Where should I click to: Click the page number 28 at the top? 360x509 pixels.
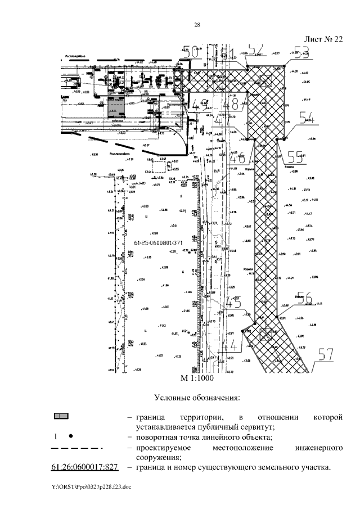(197, 24)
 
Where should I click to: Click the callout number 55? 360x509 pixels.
(296, 154)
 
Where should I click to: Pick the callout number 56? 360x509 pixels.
(304, 298)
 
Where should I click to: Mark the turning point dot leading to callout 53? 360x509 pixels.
(285, 66)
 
